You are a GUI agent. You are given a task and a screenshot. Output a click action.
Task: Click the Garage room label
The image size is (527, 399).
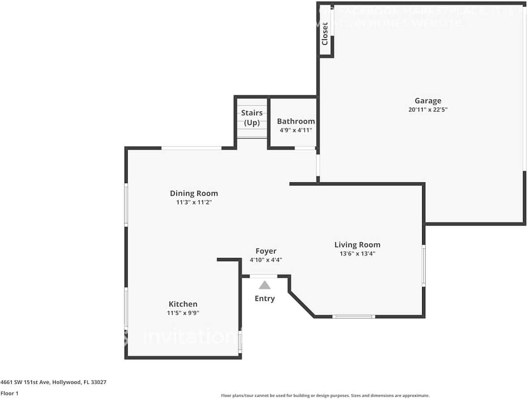(428, 101)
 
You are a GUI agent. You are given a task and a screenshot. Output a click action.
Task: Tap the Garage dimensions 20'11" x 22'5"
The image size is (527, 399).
(428, 109)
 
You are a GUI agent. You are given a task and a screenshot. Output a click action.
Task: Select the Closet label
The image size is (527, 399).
(325, 34)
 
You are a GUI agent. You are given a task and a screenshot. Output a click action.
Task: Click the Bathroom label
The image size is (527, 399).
(296, 121)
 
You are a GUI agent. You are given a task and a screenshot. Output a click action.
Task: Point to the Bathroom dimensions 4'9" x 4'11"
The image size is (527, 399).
(296, 130)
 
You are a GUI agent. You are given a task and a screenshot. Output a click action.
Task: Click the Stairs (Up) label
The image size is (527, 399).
(252, 117)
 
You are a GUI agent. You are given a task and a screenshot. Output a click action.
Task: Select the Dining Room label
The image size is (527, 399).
(194, 193)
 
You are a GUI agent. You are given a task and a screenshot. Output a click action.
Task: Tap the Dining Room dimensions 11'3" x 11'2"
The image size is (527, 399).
(194, 202)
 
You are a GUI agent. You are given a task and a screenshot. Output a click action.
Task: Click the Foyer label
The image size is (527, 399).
(266, 251)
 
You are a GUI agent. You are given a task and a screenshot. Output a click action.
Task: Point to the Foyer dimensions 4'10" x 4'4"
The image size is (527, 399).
(266, 260)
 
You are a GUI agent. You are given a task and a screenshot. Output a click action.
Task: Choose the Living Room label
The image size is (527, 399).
(357, 245)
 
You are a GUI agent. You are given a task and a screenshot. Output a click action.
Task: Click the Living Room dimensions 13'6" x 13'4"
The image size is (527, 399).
(357, 253)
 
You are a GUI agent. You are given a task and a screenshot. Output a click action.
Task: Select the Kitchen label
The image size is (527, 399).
(183, 304)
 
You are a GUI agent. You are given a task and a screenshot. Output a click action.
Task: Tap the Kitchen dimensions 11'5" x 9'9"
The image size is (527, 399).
(183, 313)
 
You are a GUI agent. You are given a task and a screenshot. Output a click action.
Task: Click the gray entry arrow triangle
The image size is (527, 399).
(264, 285)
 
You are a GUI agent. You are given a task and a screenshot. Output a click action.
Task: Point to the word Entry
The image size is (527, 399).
(264, 299)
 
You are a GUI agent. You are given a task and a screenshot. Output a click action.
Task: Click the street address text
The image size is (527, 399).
(53, 382)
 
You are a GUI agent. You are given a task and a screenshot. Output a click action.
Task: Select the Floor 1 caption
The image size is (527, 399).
(10, 393)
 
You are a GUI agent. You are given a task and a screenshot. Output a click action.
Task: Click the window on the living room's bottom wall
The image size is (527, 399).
(354, 317)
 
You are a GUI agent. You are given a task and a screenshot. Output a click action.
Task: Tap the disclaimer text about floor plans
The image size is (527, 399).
(325, 395)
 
